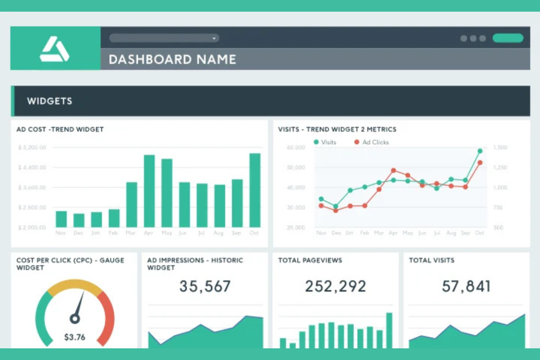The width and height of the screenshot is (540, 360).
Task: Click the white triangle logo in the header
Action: [54, 49]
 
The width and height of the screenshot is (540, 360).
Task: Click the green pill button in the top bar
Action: [508, 38]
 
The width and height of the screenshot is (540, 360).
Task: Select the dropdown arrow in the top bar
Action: [214, 38]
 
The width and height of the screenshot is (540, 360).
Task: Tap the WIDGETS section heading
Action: [50, 101]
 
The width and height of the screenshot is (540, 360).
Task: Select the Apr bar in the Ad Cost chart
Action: [149, 191]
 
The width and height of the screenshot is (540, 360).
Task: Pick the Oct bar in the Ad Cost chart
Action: [255, 190]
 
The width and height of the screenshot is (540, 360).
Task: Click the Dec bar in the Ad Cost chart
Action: [79, 220]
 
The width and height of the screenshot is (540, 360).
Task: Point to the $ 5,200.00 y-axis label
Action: [32, 147]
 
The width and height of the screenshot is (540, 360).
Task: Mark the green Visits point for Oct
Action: [480, 151]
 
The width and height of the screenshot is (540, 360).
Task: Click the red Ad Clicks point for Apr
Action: [393, 170]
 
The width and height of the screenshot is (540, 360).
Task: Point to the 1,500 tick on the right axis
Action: [500, 147]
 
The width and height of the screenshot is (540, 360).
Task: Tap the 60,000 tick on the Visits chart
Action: [296, 147]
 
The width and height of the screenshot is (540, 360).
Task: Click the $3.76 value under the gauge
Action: [75, 337]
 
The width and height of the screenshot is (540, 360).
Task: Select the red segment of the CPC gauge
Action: [108, 317]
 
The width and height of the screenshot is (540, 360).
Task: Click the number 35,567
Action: [205, 286]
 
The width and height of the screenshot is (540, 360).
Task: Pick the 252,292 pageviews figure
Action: [335, 286]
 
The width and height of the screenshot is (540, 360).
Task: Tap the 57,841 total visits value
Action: [466, 286]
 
